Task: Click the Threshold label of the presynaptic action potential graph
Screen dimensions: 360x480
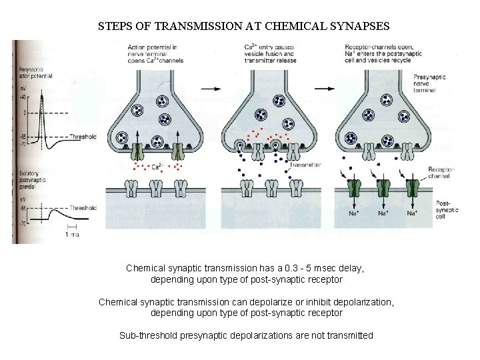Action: pos(84,137)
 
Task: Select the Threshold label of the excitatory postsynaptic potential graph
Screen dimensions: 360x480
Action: pos(83,208)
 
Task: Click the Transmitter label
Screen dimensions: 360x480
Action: pos(305,164)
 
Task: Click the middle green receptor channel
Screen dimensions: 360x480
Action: pos(383,186)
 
